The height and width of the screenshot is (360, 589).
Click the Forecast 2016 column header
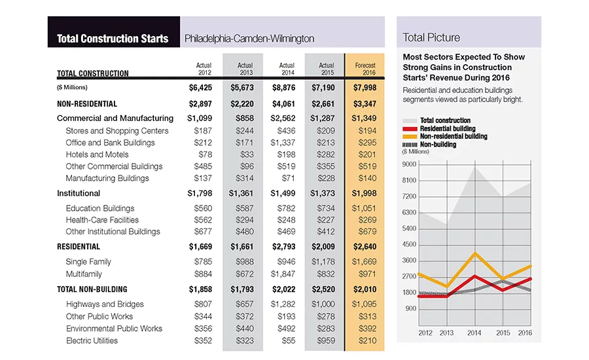tap(365, 69)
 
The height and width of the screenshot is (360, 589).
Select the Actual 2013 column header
tap(245, 69)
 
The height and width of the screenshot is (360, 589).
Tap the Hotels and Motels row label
tap(97, 154)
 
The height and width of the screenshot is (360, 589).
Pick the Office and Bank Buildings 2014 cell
tap(283, 143)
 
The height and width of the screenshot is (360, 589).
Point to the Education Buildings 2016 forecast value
tap(364, 208)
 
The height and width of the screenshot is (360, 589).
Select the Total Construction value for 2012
tap(201, 88)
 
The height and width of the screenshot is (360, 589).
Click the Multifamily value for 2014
tap(283, 274)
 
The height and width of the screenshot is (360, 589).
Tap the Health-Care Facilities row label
tap(102, 220)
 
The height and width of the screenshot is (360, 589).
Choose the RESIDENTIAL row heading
tap(79, 247)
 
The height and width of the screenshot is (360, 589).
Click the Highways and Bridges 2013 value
tap(245, 304)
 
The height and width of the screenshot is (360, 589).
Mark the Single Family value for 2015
tap(323, 262)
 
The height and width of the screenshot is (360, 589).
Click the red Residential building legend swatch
tap(410, 129)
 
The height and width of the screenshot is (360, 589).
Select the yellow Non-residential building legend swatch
tap(410, 137)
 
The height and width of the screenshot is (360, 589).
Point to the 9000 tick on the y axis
tap(410, 164)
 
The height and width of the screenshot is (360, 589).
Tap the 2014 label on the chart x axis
tap(474, 333)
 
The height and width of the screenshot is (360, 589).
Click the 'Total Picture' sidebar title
tap(431, 37)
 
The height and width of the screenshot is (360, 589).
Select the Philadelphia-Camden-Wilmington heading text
tap(249, 39)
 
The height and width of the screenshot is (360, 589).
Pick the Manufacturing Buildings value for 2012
tap(203, 178)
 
